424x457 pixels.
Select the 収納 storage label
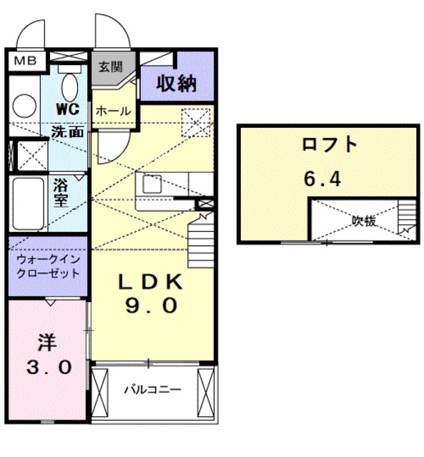coord(177,84)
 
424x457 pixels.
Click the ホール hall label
coord(112,111)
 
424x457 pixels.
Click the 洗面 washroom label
coord(68,131)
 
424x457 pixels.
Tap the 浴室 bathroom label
coord(61,192)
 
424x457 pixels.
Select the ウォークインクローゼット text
coord(49,267)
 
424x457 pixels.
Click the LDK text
coord(150,282)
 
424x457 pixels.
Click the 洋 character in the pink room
coord(47,342)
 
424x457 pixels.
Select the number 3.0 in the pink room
coord(48,367)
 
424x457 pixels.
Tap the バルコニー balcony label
coord(152,390)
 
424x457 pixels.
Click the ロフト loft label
coord(328,145)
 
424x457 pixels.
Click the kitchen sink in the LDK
coord(152,184)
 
